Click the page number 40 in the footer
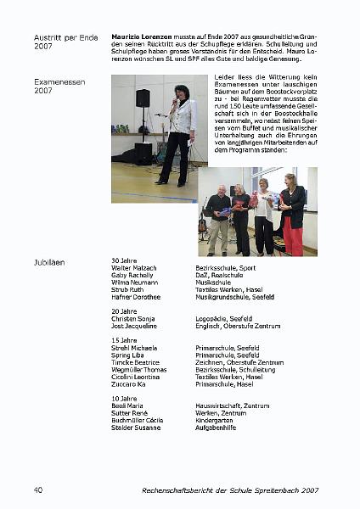point(38,490)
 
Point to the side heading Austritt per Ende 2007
point(60,42)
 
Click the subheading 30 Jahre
point(124,260)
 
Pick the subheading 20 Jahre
point(124,311)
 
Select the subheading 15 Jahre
point(124,340)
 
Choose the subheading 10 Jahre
point(124,398)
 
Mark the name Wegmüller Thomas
point(138,369)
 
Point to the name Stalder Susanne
point(137,427)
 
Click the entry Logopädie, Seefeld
point(222,318)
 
